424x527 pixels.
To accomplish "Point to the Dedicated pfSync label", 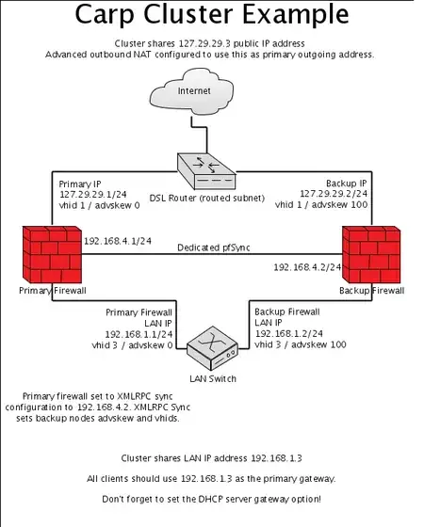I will (211, 248).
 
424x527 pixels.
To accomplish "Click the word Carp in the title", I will (108, 16).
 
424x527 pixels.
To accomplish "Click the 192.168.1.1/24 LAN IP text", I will (139, 333).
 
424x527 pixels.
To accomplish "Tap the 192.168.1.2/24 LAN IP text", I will (286, 333).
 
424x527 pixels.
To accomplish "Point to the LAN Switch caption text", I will (210, 378).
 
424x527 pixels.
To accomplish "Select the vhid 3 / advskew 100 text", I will (300, 344).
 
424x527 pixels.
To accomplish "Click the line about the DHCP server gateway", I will (212, 498).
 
